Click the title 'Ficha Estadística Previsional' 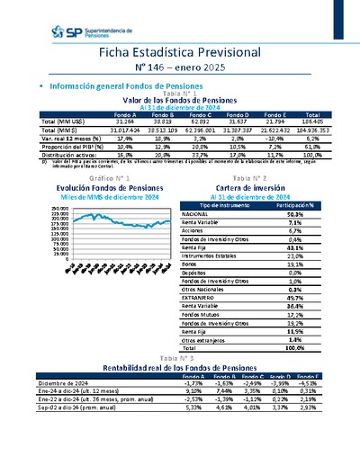pyautogui.click(x=179, y=53)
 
